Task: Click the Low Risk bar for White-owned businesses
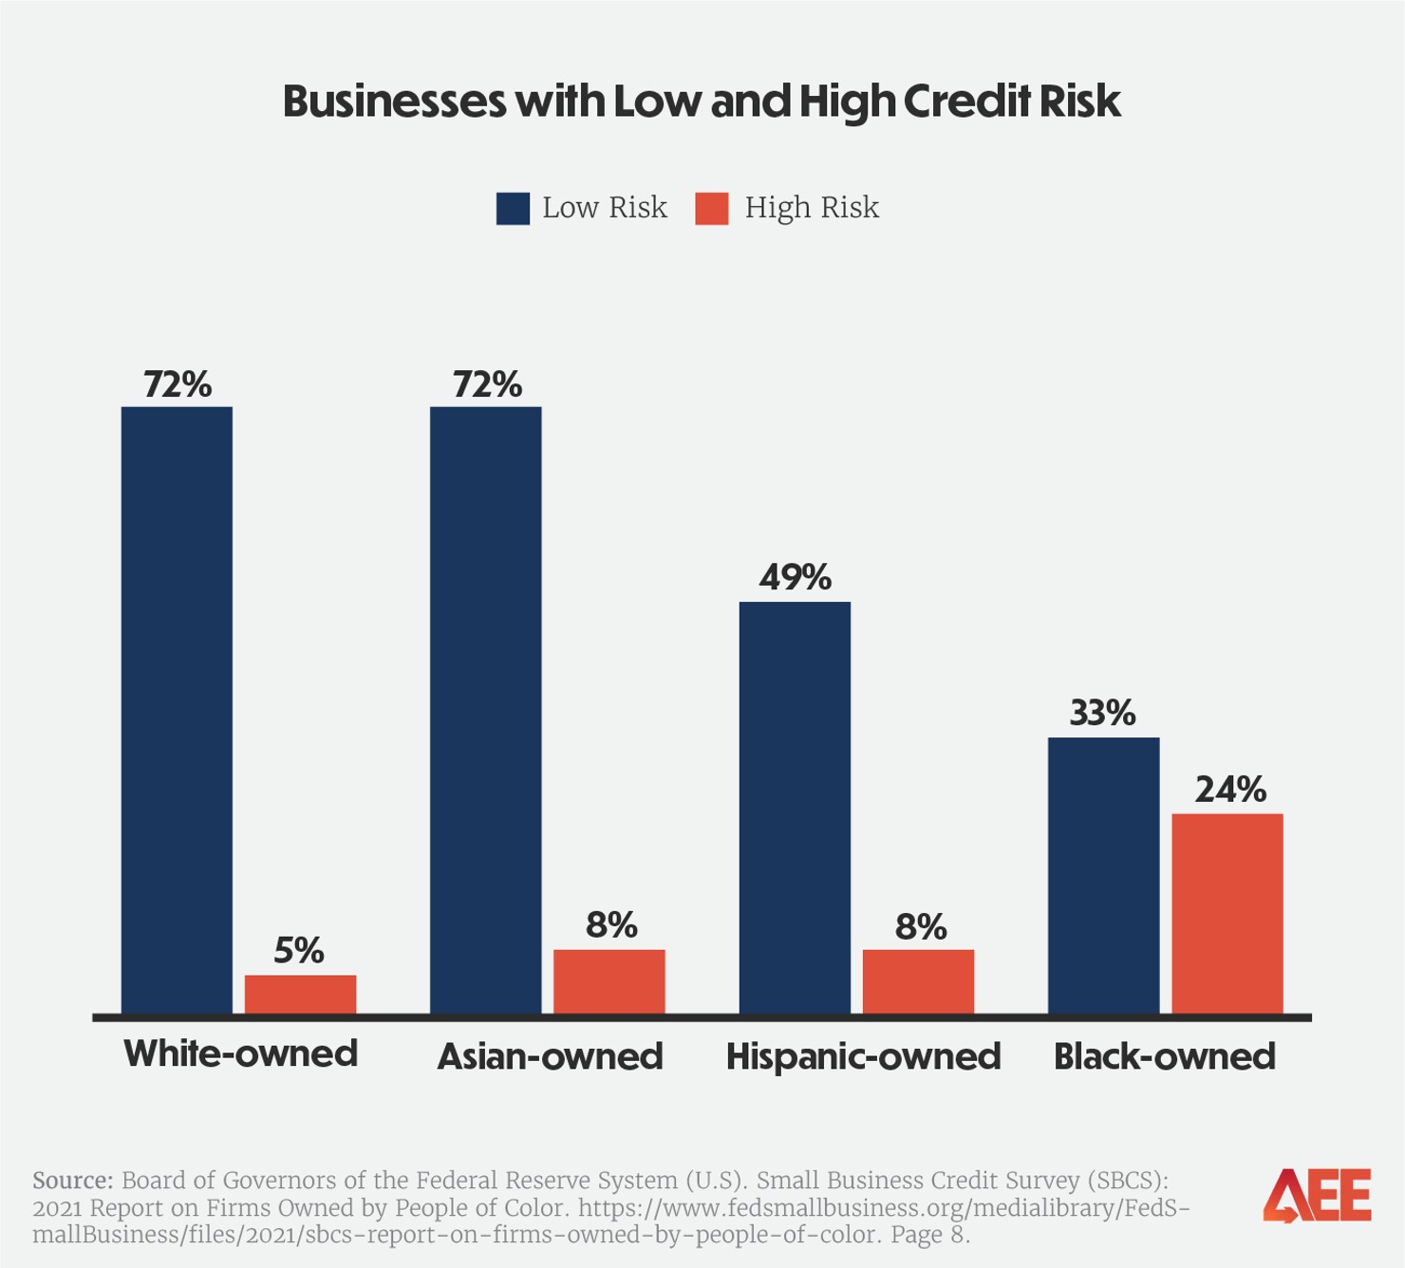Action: pos(177,710)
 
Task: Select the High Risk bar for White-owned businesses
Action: pos(300,994)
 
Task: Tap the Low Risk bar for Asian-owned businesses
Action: pos(485,710)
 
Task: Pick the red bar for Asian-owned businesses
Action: pos(609,981)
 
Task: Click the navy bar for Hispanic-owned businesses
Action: pos(795,807)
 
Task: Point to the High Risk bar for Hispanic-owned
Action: pos(918,981)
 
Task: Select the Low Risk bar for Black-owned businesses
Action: pos(1103,875)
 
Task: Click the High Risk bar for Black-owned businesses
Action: pos(1227,913)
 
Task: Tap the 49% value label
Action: pos(795,577)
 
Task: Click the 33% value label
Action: pos(1102,713)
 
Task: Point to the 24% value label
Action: pos(1229,790)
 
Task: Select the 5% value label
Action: pos(299,950)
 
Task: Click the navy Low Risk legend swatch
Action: pos(513,209)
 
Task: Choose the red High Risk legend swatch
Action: pos(712,209)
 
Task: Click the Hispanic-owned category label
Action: pos(863,1056)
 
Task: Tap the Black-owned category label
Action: pos(1164,1056)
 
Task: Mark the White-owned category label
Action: pos(240,1054)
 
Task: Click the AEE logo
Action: pos(1317,1196)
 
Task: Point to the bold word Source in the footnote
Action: pos(72,1181)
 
